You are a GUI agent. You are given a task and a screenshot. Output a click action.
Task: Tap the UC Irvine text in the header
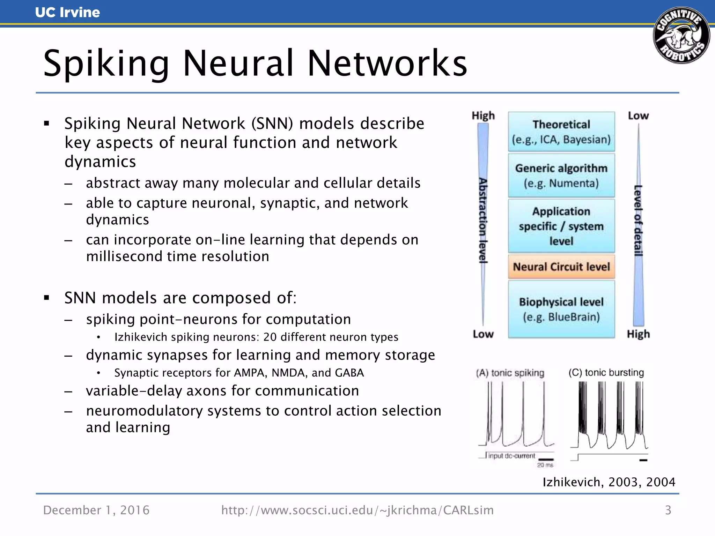tap(67, 13)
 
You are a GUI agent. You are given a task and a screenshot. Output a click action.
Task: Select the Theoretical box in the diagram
tap(561, 132)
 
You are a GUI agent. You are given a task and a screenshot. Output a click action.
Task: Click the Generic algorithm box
tap(561, 176)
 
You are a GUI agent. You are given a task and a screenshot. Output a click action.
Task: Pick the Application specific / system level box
tap(561, 226)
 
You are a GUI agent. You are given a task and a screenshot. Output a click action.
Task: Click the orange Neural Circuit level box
tap(561, 267)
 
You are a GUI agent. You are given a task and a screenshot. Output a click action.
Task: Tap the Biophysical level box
tap(561, 309)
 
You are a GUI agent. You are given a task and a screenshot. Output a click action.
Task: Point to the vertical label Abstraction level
tap(483, 221)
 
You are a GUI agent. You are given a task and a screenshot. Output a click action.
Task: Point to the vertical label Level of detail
tap(638, 221)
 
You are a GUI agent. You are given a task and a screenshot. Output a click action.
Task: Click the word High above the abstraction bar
tap(483, 116)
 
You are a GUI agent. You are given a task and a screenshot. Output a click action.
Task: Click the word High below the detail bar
tap(638, 334)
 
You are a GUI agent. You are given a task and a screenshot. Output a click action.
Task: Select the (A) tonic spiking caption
tap(510, 373)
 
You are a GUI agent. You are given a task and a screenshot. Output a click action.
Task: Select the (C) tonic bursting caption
tap(606, 373)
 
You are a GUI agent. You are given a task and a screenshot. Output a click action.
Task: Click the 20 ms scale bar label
tap(545, 465)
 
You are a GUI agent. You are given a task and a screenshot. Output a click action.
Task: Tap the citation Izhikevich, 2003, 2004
tap(609, 482)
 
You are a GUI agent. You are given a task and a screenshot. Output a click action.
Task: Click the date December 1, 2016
tap(96, 510)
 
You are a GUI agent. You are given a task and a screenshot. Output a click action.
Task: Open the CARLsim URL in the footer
tap(357, 510)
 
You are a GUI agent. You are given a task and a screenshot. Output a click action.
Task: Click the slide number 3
tap(668, 510)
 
